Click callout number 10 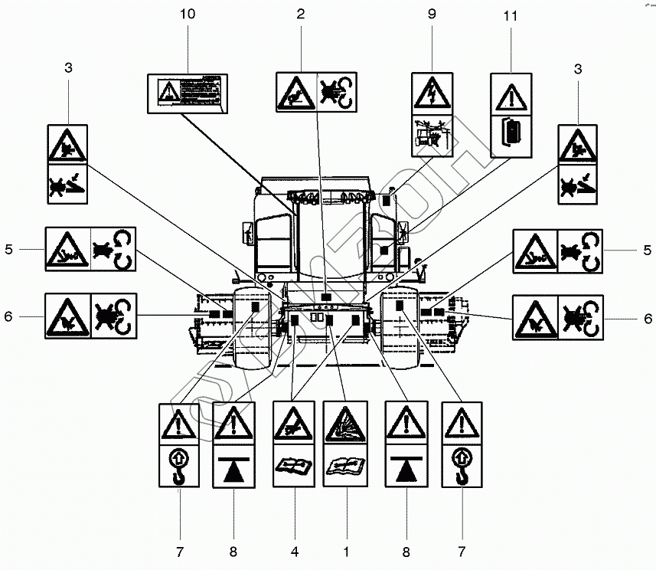188,13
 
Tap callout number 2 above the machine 301,13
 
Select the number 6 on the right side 648,316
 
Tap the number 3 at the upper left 68,68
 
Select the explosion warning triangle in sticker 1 345,424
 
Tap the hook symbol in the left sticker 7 179,467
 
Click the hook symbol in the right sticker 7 462,467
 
